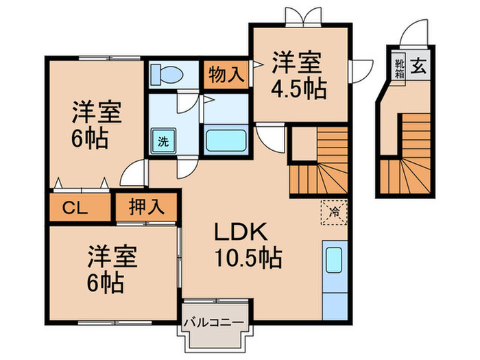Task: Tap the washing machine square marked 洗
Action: (163, 143)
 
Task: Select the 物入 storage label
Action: (224, 73)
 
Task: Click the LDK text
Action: (237, 232)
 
